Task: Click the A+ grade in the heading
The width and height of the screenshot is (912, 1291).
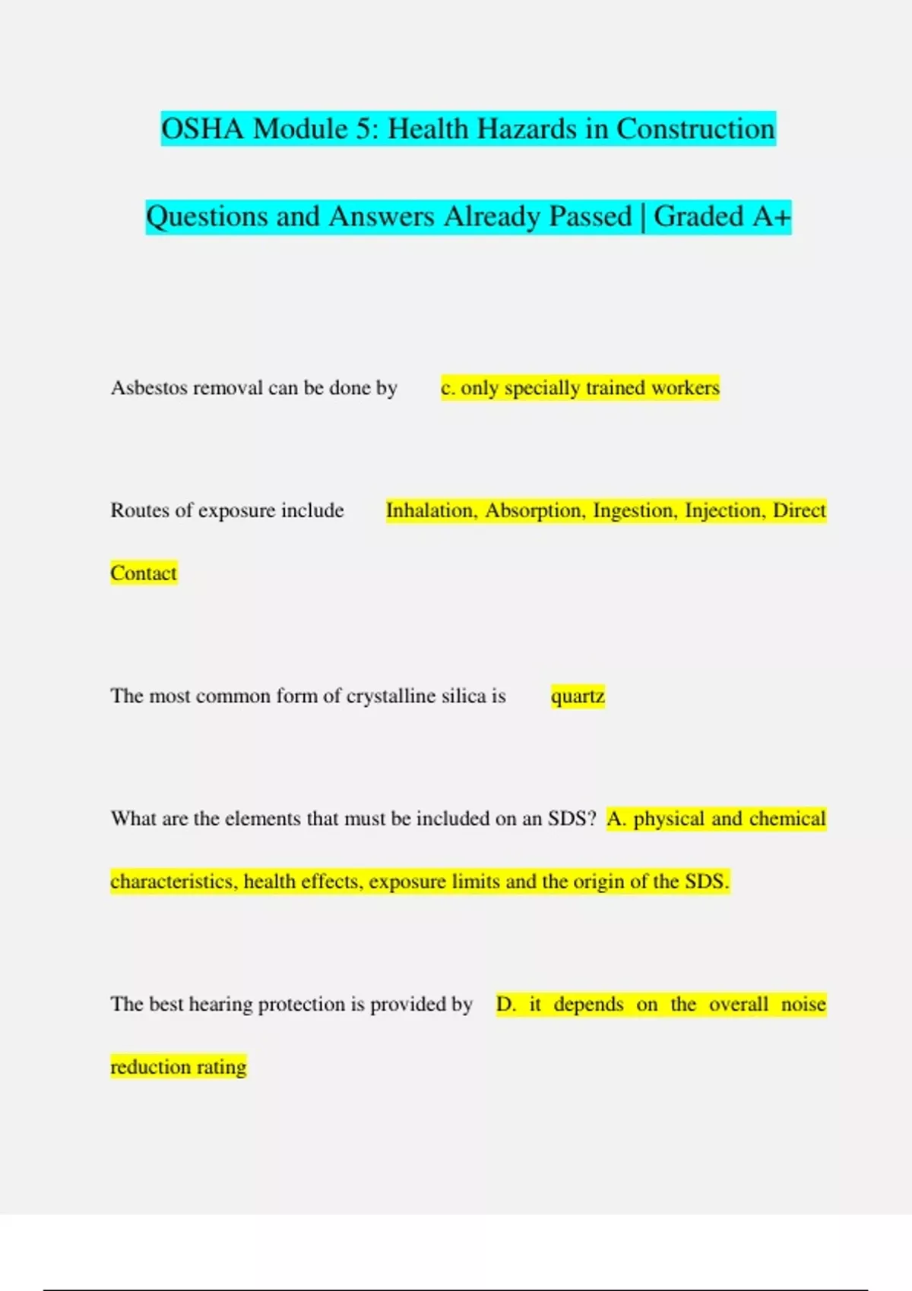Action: coord(771,217)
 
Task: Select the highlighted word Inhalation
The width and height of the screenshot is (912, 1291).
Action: coord(432,510)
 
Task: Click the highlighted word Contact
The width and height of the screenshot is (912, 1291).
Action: coord(144,573)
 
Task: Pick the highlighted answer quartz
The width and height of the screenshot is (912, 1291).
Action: coord(578,696)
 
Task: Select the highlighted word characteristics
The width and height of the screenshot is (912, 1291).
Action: coord(173,882)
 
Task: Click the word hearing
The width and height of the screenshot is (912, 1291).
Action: coord(220,1005)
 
